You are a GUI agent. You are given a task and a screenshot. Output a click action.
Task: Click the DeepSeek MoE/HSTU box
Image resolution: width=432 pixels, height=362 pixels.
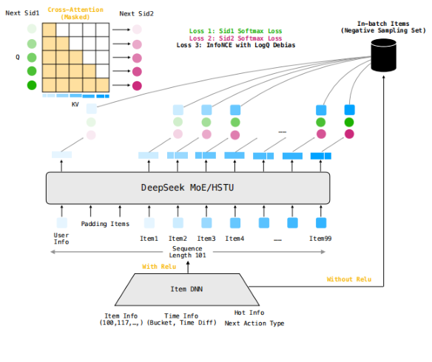(188, 188)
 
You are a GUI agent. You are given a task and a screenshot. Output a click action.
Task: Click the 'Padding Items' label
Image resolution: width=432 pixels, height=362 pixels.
(105, 224)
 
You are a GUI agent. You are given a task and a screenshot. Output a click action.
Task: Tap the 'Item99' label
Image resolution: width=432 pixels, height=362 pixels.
(321, 238)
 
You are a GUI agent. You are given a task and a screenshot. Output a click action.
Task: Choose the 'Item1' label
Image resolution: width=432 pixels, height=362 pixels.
(149, 238)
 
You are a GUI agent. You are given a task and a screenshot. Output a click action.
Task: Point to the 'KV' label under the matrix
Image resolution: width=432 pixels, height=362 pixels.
(75, 104)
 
